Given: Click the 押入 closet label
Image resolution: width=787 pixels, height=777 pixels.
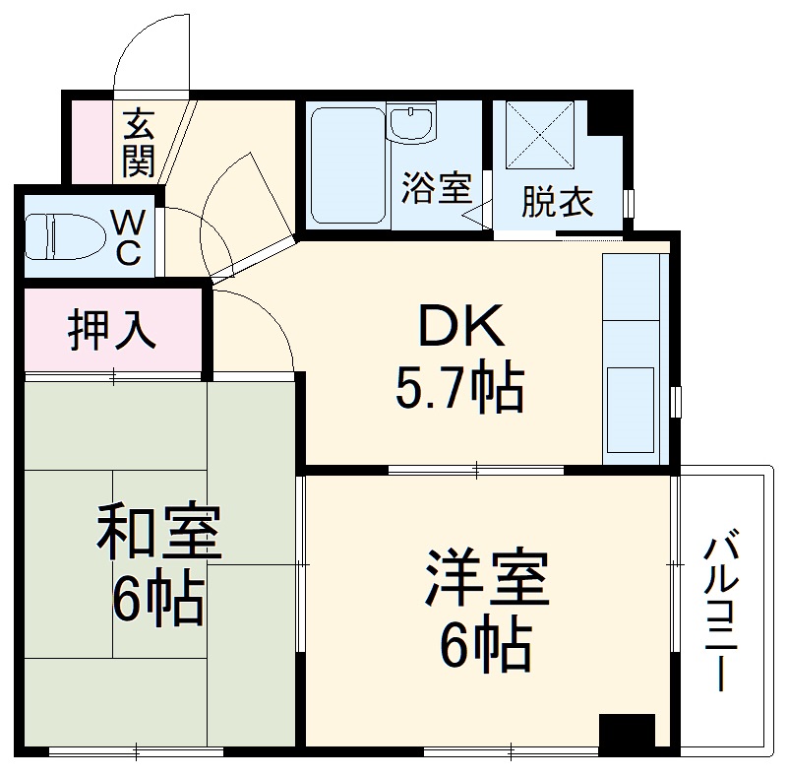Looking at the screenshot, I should (111, 330).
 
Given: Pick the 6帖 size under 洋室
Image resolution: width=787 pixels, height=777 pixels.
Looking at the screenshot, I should (486, 645).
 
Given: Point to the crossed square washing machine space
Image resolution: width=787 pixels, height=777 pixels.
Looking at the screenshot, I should (542, 138).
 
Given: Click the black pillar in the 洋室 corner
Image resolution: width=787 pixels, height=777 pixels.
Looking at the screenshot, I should (627, 732).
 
